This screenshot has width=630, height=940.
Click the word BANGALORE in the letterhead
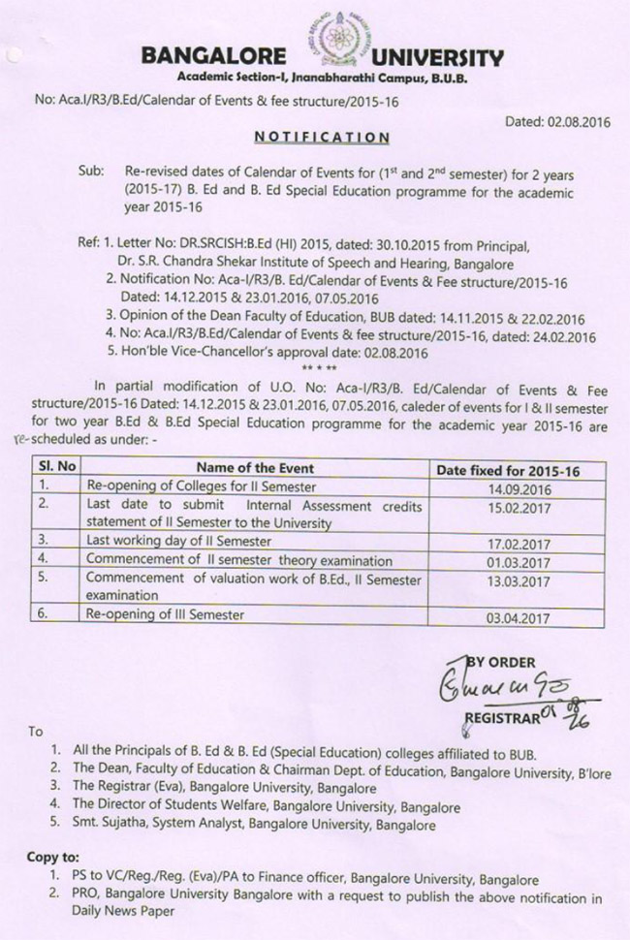click(x=213, y=57)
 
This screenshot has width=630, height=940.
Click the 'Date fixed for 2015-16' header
click(x=508, y=470)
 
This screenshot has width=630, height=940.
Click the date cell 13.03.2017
click(x=507, y=581)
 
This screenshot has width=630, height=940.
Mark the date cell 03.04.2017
click(x=507, y=617)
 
